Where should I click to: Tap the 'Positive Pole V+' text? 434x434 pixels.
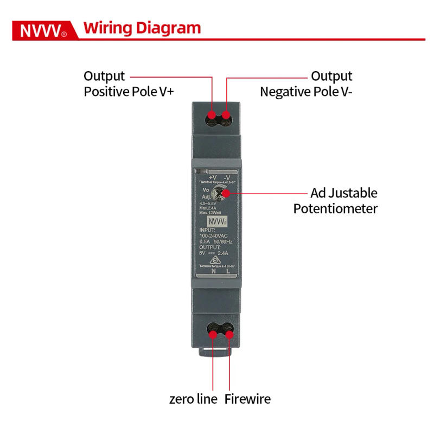[x=129, y=92]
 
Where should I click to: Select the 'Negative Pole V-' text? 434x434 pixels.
[x=306, y=92]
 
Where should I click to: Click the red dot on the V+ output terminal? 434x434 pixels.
[x=212, y=115]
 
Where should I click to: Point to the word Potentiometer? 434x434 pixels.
[x=335, y=208]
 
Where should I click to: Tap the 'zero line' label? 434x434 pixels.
[x=193, y=399]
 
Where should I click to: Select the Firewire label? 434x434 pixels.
[x=247, y=399]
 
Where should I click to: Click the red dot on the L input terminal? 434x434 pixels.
[x=229, y=334]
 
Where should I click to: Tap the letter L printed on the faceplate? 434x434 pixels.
[x=228, y=271]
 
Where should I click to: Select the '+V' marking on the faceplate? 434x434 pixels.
[x=212, y=177]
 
